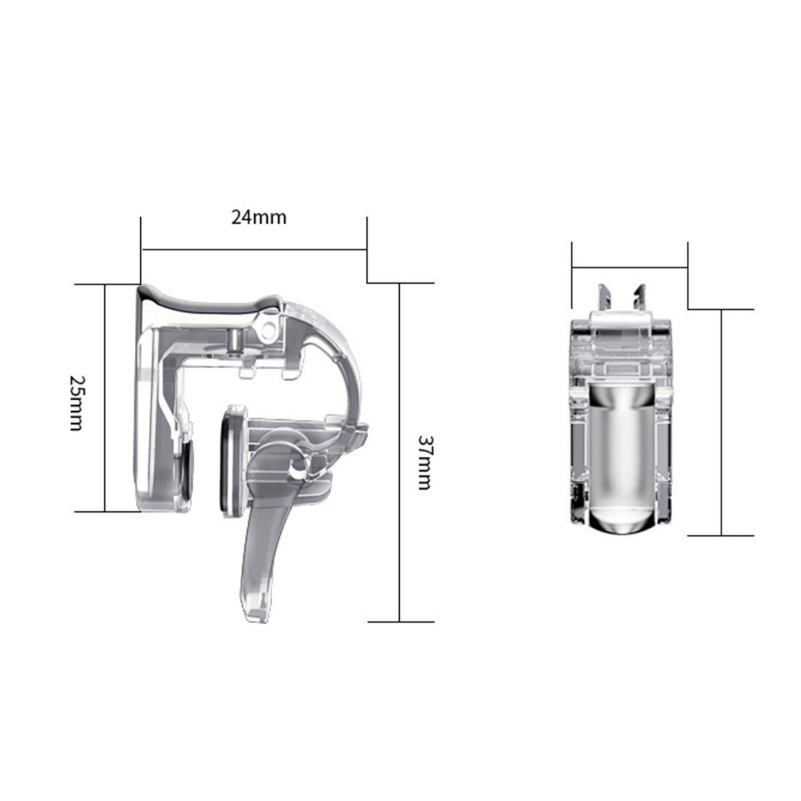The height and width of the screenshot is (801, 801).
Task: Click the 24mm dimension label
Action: click(x=258, y=218)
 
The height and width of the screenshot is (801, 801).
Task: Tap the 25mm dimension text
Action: click(x=77, y=403)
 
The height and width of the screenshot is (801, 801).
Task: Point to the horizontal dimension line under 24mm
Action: click(x=254, y=250)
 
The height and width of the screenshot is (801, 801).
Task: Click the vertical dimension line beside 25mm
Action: click(x=105, y=398)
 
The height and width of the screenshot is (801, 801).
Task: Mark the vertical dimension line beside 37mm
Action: click(x=399, y=453)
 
